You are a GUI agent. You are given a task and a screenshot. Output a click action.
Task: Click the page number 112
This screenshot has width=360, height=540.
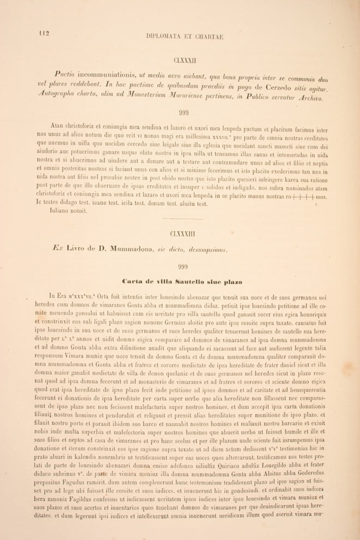(44, 33)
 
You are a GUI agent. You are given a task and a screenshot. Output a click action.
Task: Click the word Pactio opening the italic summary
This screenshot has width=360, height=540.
(64, 75)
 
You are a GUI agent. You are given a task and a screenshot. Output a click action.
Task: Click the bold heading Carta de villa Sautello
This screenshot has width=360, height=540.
(183, 281)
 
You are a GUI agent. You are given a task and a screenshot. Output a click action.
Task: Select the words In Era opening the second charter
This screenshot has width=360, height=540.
(58, 296)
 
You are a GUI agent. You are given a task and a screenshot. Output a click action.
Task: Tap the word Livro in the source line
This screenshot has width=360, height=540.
(73, 250)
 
